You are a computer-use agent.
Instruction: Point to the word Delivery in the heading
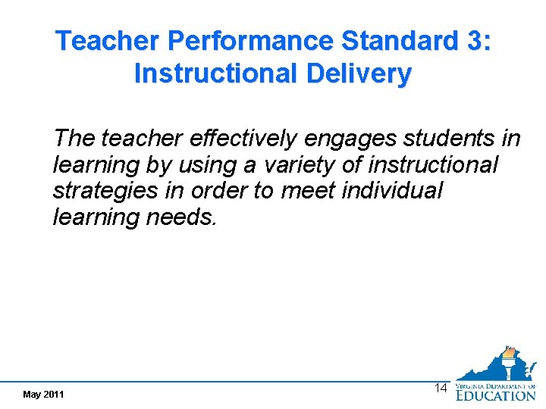(x=361, y=73)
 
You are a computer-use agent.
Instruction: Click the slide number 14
(x=440, y=388)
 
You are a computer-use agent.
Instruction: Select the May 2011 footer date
(x=43, y=395)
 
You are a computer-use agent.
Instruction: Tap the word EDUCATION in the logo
(x=495, y=395)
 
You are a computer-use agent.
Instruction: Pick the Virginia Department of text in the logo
(x=494, y=386)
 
